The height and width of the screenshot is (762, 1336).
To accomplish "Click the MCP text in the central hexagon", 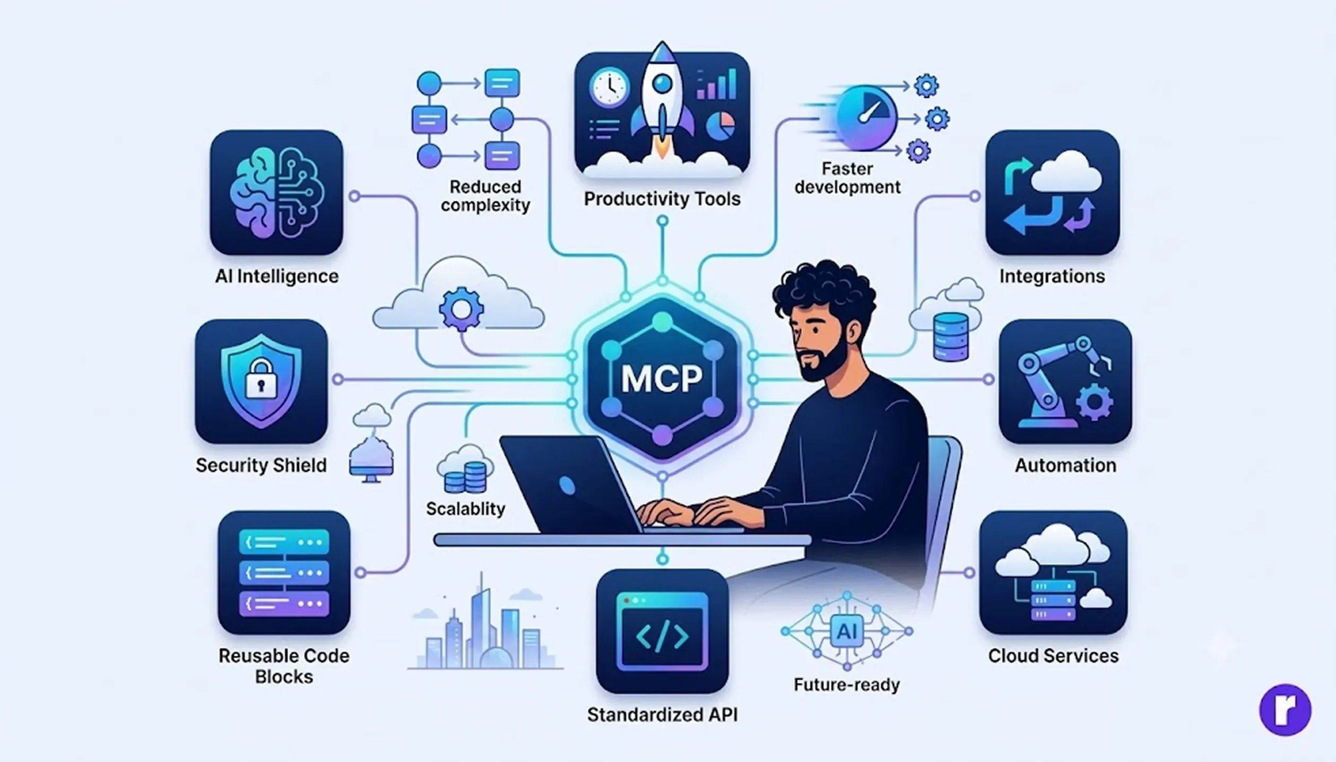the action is click(662, 378).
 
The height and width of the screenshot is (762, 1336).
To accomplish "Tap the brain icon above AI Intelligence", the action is click(276, 192).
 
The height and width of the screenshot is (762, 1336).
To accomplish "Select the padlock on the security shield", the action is click(261, 378).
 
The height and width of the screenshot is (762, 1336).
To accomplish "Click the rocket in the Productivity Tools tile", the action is click(662, 101).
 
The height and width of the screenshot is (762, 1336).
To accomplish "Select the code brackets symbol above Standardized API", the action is click(662, 636).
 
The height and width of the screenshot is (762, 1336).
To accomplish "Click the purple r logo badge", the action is click(1285, 710).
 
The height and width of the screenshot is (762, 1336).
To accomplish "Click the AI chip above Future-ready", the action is click(847, 631).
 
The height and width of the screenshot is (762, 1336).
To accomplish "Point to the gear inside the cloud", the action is click(461, 309).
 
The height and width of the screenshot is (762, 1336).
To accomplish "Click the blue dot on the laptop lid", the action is click(567, 485).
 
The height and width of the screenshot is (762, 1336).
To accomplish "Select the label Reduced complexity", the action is click(485, 196).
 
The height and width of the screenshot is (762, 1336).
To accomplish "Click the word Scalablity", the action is click(465, 509).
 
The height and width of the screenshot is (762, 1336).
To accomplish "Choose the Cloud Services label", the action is click(1053, 656).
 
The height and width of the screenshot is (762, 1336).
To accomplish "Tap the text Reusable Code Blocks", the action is click(284, 666).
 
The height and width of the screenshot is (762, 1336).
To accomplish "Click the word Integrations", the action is click(1052, 276).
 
